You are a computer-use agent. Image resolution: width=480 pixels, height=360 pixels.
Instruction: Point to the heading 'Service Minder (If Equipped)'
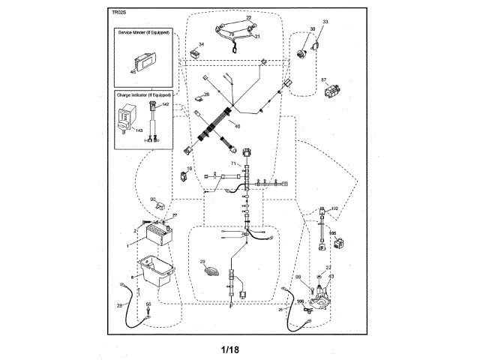(x=143, y=34)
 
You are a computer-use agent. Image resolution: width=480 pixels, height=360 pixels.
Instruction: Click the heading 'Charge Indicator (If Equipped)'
(x=143, y=96)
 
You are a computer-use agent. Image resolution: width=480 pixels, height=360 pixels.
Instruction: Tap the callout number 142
(x=165, y=105)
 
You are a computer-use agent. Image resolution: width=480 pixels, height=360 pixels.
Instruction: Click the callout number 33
(x=325, y=22)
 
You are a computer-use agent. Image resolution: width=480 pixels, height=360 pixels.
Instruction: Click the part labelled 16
(x=182, y=178)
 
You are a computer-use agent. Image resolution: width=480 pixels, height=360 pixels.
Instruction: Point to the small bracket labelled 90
(x=160, y=205)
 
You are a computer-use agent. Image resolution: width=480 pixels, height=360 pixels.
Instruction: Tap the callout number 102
(x=334, y=208)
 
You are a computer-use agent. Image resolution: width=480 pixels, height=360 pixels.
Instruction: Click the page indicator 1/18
(x=231, y=349)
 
